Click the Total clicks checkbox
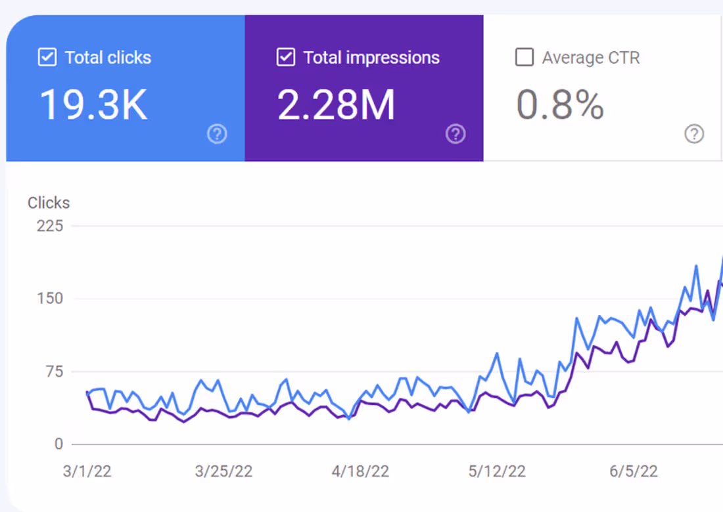click(x=47, y=58)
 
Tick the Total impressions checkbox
click(x=285, y=58)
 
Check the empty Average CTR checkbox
click(x=524, y=58)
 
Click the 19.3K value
click(x=94, y=104)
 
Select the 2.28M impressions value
click(x=336, y=104)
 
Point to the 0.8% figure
click(x=559, y=104)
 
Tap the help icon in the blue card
click(x=217, y=135)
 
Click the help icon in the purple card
click(x=455, y=135)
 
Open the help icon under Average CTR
click(x=694, y=135)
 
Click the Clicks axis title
click(x=49, y=203)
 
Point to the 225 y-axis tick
click(x=50, y=226)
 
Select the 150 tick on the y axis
click(x=50, y=299)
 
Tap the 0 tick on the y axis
click(x=58, y=444)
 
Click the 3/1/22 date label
click(x=87, y=471)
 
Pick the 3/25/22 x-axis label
click(x=223, y=471)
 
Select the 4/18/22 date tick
click(x=361, y=471)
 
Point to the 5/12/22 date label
click(x=497, y=471)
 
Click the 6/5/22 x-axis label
click(x=634, y=471)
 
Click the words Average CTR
click(x=590, y=58)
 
